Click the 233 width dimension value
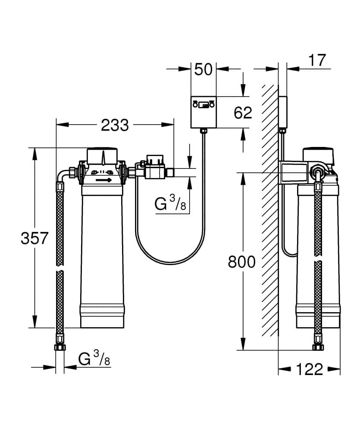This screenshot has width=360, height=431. (x=115, y=125)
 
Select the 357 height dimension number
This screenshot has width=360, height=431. (x=34, y=238)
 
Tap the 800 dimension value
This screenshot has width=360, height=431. (x=242, y=262)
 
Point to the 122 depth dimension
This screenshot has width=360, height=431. (x=310, y=369)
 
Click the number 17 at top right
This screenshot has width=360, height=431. (x=317, y=60)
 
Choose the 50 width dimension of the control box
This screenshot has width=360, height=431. (x=203, y=69)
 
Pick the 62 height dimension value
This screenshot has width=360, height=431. (x=243, y=112)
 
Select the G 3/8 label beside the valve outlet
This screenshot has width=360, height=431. (x=170, y=203)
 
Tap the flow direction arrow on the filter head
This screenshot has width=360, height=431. (x=104, y=180)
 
